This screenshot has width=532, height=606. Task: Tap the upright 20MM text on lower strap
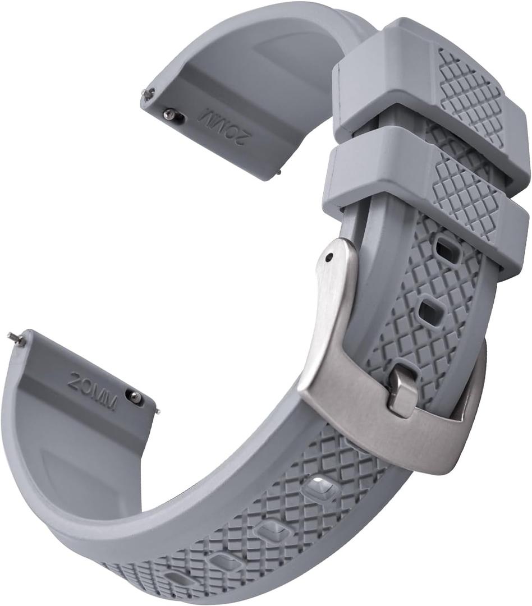93,391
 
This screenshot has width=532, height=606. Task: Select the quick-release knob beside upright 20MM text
135,397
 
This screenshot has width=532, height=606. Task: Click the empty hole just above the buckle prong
431,310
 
